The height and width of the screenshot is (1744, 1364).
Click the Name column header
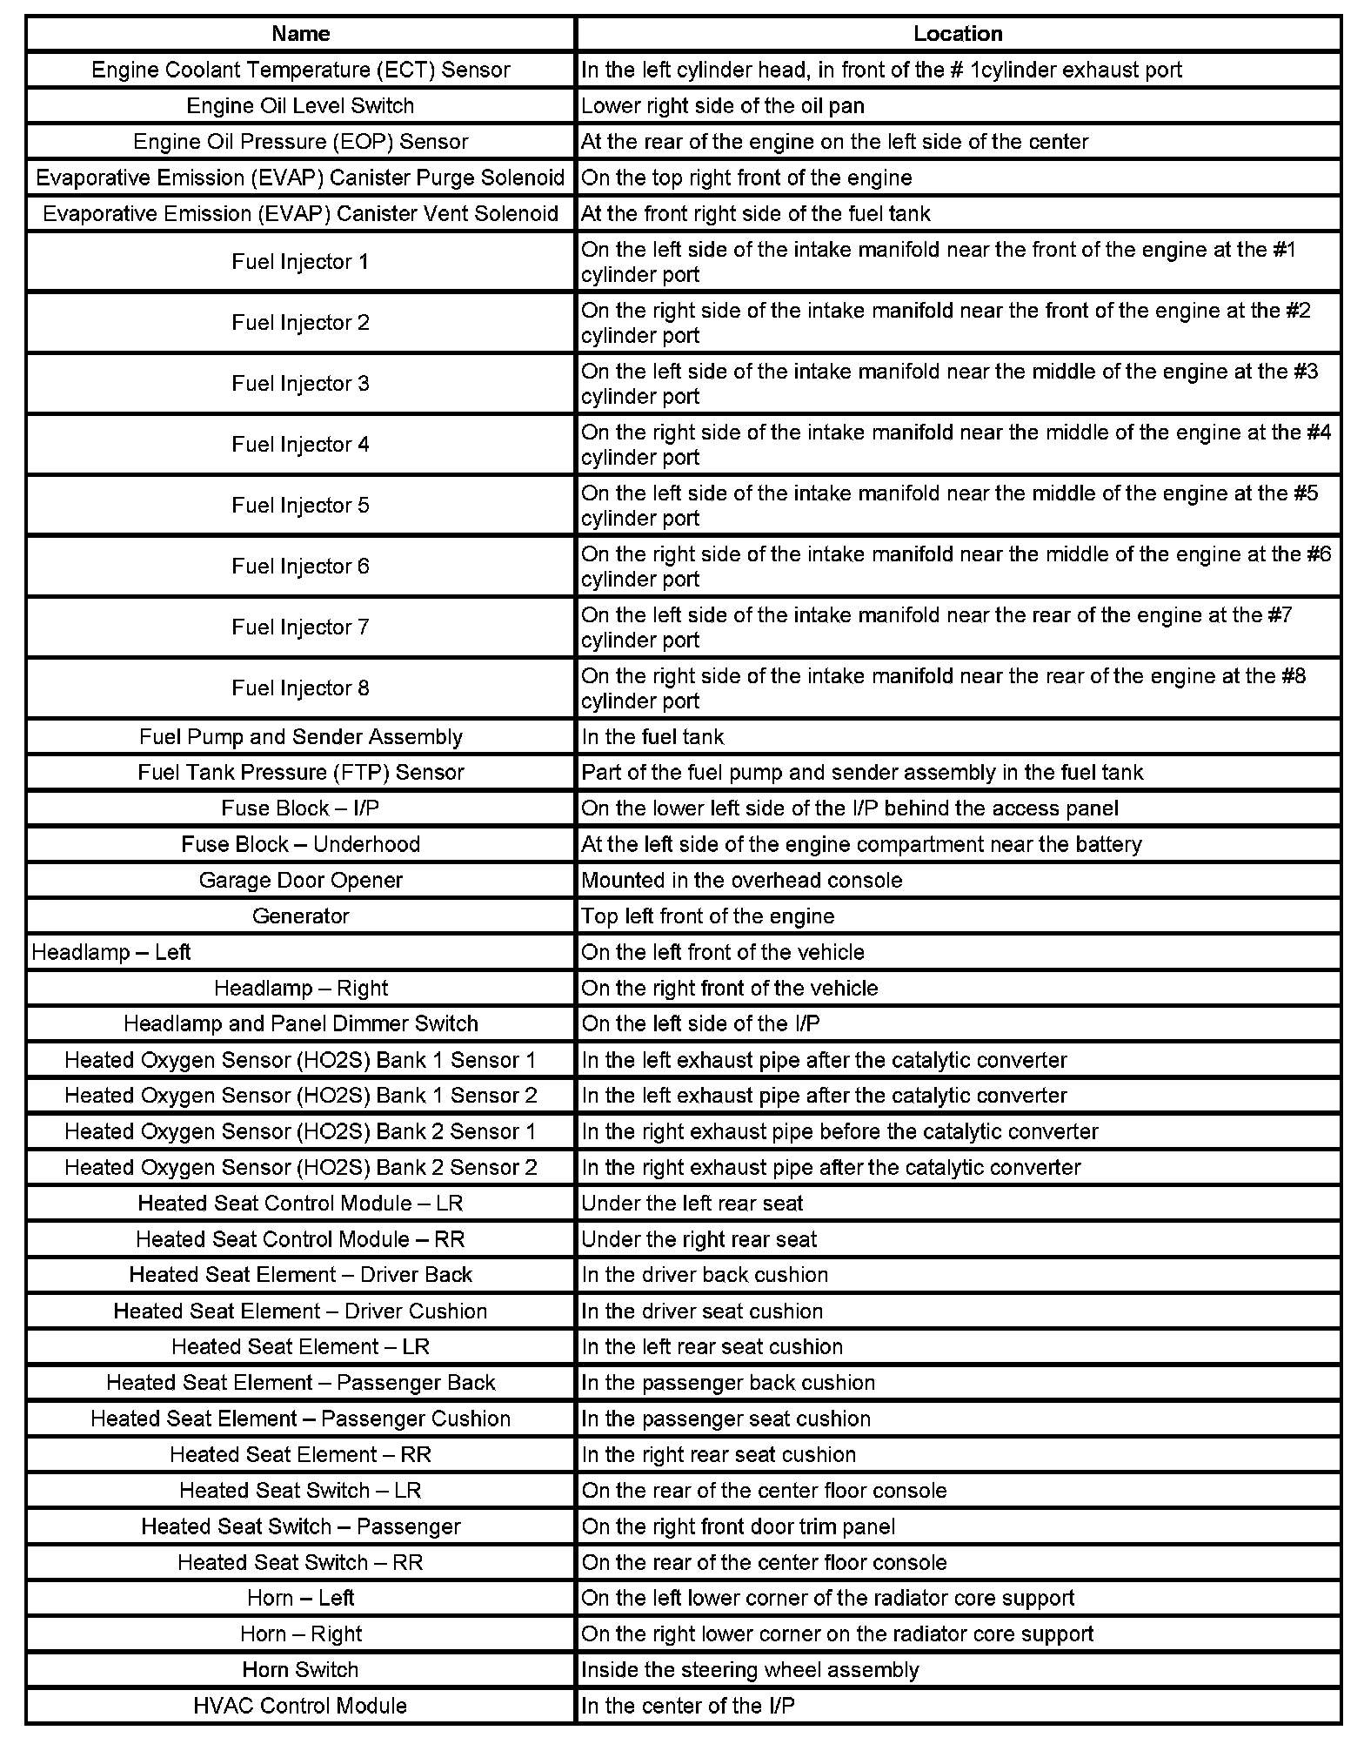pos(300,34)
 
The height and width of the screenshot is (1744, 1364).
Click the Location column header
pos(957,34)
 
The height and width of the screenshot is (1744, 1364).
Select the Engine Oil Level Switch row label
pos(300,106)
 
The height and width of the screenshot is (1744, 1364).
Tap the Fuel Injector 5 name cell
pos(300,506)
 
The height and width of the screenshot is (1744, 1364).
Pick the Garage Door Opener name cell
pos(300,881)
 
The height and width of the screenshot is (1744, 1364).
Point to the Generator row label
pos(300,916)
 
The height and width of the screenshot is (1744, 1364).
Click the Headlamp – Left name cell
pos(111,952)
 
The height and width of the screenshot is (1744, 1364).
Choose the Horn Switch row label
pos(300,1670)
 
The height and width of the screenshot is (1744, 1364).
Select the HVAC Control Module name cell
pos(300,1706)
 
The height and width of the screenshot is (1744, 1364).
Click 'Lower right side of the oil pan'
pos(723,106)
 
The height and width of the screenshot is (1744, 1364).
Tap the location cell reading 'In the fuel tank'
pos(652,737)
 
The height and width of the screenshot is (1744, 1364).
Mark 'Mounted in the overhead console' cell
pos(741,881)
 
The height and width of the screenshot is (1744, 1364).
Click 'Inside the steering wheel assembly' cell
pos(750,1670)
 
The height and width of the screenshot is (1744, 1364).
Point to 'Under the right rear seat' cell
pos(699,1239)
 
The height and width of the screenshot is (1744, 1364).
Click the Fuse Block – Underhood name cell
pos(300,844)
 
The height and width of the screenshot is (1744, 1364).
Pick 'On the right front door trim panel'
pos(738,1526)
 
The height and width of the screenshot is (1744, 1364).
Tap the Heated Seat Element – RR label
pos(300,1455)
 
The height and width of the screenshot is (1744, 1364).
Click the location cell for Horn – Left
pos(827,1599)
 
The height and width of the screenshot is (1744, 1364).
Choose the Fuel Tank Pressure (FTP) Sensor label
pos(300,773)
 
